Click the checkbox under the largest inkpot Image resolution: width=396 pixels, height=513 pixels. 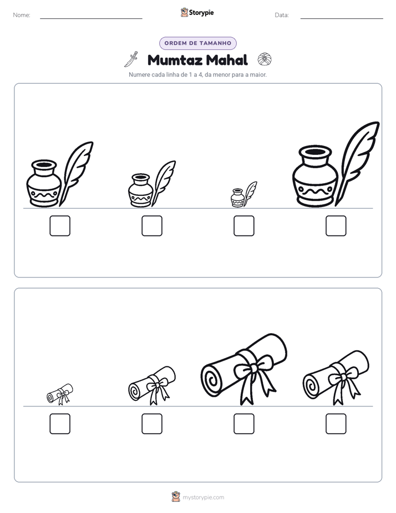336,226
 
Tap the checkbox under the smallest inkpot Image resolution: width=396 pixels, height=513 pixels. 243,226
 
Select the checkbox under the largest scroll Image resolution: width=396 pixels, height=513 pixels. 243,424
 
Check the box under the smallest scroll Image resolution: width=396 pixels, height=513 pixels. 60,424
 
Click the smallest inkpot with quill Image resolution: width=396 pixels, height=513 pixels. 243,195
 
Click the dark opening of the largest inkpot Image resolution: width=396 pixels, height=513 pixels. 315,152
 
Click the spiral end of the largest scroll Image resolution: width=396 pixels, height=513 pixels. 212,380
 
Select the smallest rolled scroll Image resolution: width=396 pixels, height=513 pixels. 60,394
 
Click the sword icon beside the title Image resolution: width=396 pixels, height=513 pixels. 131,59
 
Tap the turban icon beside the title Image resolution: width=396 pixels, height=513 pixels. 265,59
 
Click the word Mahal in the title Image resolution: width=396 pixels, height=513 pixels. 227,60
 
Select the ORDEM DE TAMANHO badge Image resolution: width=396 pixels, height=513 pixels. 197,43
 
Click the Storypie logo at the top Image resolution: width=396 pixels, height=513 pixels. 197,12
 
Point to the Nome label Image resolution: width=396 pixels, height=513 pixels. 22,15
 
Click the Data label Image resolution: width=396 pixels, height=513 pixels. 282,15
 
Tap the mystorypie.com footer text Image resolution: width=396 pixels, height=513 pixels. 203,497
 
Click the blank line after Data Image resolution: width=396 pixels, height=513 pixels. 342,18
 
